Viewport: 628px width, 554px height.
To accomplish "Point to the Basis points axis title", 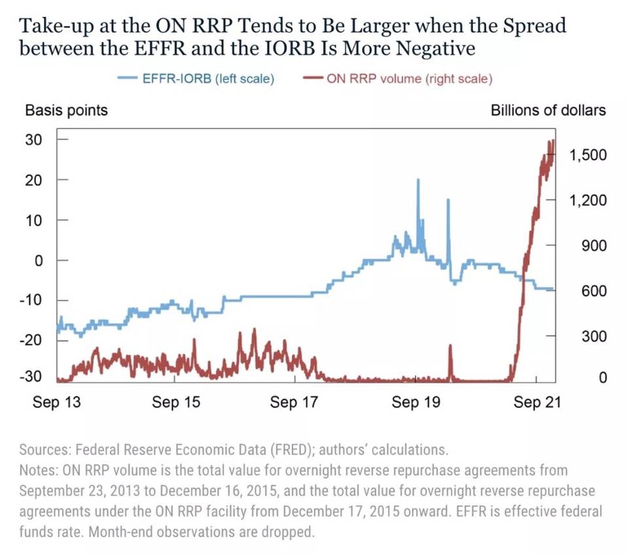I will tap(66, 110).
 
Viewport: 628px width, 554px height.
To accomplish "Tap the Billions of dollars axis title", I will tap(548, 110).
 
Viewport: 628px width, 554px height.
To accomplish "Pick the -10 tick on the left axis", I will tap(32, 300).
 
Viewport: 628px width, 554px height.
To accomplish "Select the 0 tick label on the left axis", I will tap(37, 260).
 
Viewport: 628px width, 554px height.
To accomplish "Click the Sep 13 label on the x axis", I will tap(57, 402).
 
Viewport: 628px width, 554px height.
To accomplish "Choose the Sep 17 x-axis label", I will tap(294, 402).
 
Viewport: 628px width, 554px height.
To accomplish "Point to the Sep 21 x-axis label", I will tap(536, 402).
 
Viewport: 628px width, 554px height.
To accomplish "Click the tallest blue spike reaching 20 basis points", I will tap(418, 181).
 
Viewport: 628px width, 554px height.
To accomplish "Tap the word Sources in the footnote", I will tap(44, 450).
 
